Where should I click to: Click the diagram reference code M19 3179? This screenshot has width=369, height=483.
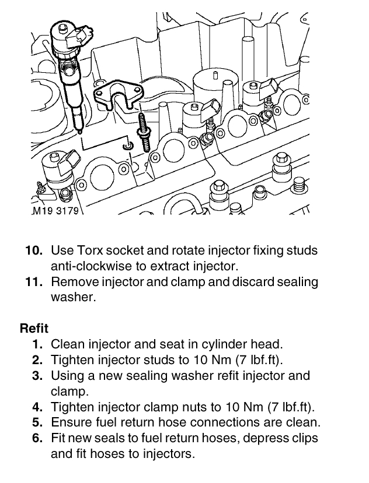coord(55,211)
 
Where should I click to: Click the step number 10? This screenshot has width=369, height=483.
coord(34,251)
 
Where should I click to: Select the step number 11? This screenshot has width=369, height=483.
coord(34,282)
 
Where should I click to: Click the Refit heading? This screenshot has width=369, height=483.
coord(34,328)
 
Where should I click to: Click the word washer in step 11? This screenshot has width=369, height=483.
coord(71,297)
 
